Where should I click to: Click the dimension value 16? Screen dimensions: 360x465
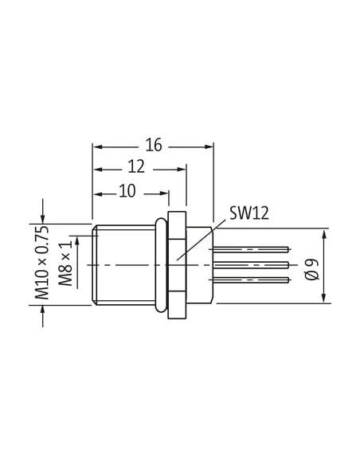(154, 145)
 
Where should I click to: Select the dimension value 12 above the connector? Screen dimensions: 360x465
(136, 166)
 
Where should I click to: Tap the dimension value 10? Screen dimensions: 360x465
(127, 191)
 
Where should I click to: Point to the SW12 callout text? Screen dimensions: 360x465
(249, 213)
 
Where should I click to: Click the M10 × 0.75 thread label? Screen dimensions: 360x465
(41, 263)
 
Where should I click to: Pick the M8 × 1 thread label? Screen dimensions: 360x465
(65, 263)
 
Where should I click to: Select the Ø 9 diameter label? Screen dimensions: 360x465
(312, 269)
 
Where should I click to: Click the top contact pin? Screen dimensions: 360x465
(251, 249)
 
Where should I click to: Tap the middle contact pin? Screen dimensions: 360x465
(251, 265)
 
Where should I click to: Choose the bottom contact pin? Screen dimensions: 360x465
(251, 279)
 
